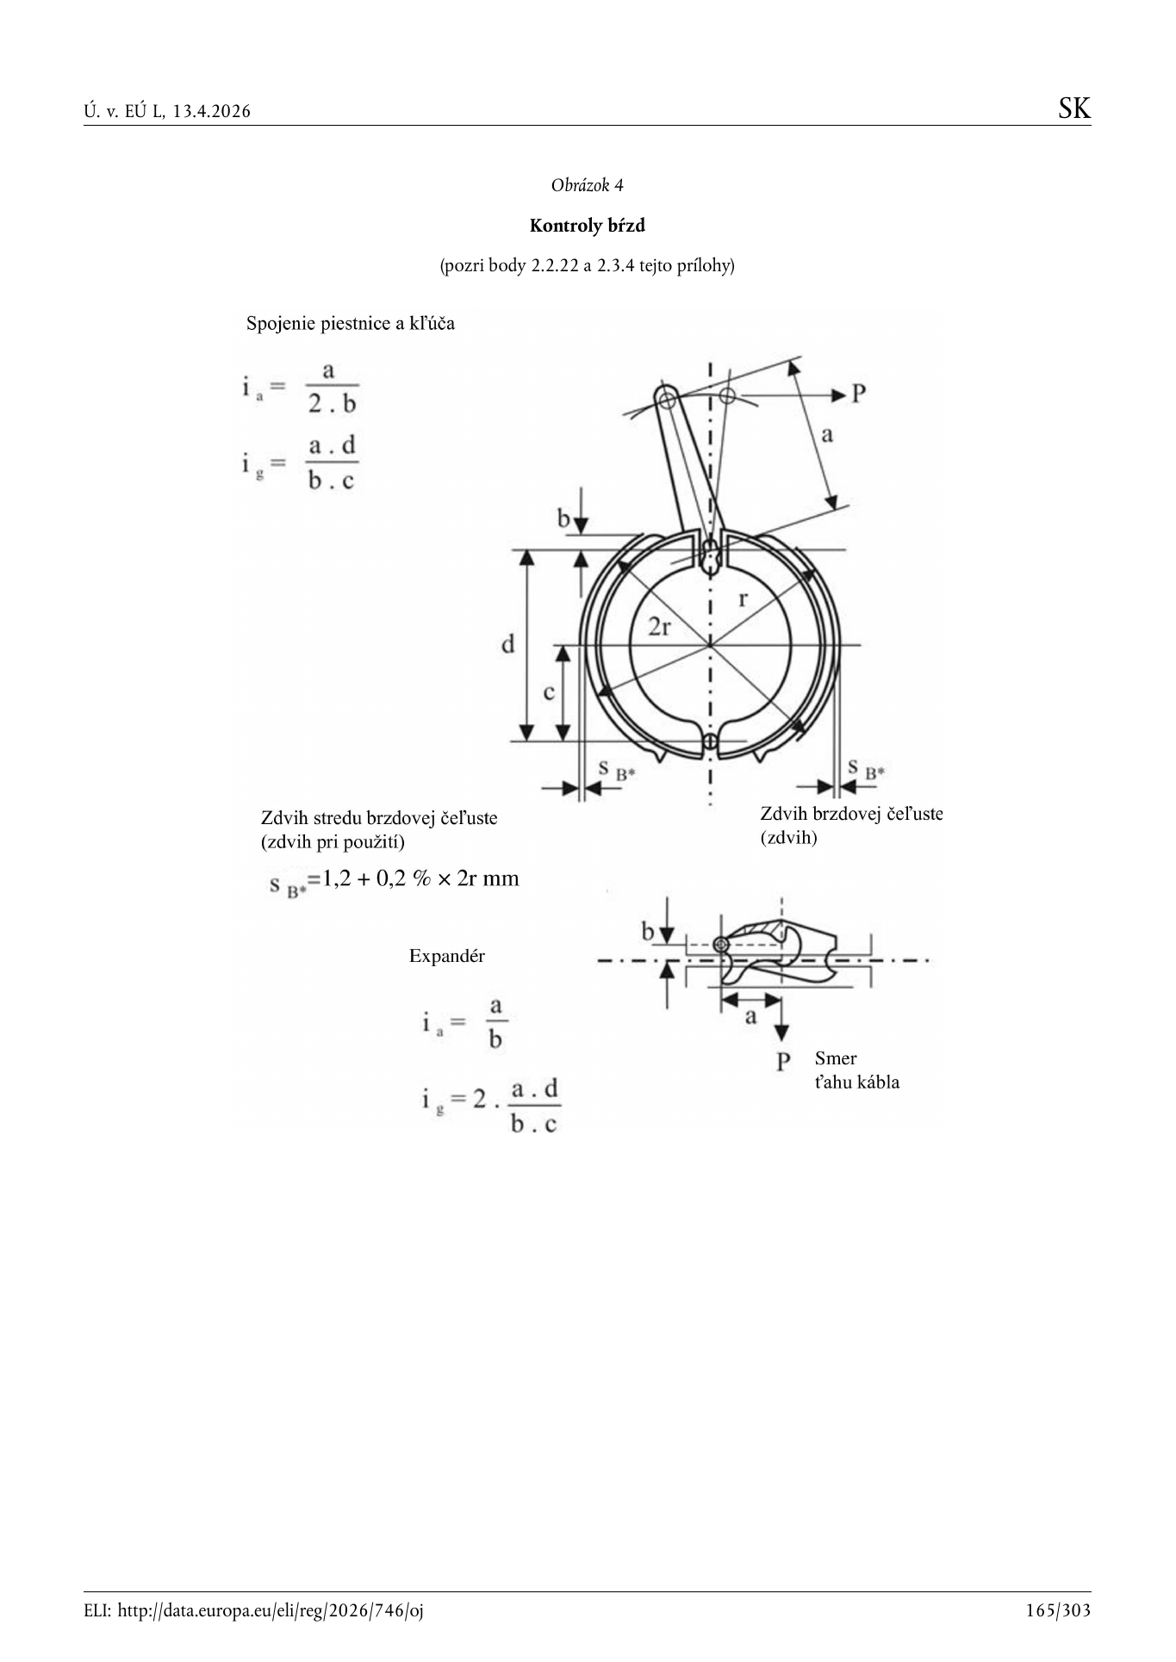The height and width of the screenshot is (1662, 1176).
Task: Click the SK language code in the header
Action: point(1074,109)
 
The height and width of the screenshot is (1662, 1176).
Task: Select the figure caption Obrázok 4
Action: point(587,185)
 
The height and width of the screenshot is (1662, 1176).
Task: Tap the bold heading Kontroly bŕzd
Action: point(587,226)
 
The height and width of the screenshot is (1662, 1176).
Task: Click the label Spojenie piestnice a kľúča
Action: point(351,324)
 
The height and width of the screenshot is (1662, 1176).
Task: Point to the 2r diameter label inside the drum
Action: point(659,627)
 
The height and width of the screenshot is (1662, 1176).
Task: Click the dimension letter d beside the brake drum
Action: point(508,643)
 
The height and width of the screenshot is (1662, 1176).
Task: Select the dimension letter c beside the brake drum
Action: point(549,692)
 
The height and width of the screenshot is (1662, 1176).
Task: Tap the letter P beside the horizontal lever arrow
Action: point(858,394)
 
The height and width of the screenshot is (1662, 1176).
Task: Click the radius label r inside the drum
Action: point(743,598)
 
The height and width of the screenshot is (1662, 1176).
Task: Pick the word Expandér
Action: point(447,956)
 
